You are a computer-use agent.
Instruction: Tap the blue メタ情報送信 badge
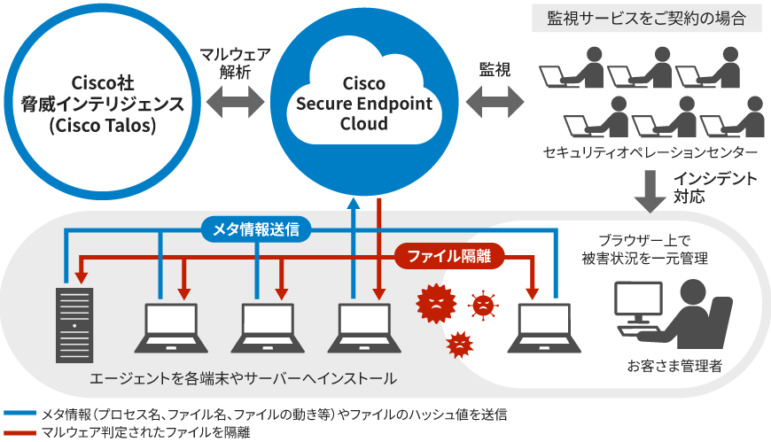click(255, 229)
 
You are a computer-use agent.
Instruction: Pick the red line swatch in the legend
click(19, 431)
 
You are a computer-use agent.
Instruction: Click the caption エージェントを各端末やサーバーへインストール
click(243, 378)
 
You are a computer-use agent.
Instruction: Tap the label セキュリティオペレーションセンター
click(650, 152)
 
